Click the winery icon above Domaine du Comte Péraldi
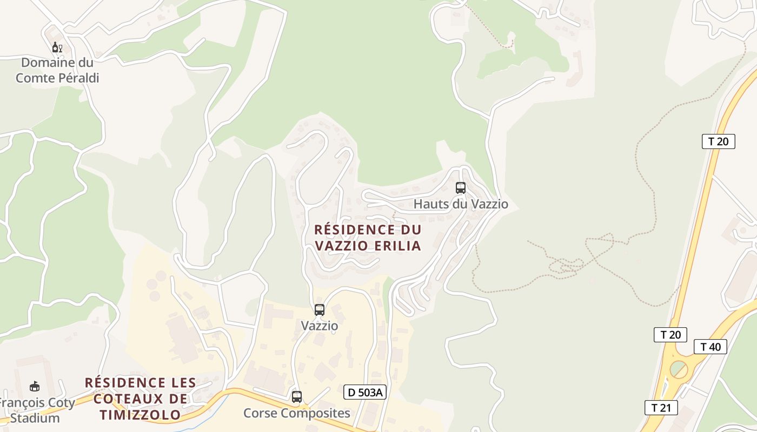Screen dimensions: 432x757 click(57, 48)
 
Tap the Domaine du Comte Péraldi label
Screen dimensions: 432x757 click(57, 70)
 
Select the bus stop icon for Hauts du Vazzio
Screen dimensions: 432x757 click(460, 188)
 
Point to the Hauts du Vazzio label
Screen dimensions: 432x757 click(461, 204)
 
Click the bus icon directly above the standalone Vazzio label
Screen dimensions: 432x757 click(320, 310)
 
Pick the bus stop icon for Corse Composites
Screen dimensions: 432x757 click(296, 397)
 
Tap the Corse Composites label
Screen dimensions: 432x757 click(297, 413)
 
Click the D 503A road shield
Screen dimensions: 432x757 click(365, 392)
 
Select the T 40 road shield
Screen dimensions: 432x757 click(710, 347)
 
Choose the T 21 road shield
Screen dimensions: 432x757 click(661, 407)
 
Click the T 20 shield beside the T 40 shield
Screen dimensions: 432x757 click(670, 335)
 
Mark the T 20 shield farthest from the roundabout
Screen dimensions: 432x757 click(718, 141)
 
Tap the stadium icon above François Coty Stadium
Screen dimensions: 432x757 click(35, 387)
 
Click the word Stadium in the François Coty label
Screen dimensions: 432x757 click(35, 418)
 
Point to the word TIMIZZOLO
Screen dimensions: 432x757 click(140, 415)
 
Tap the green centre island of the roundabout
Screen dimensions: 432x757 click(678, 369)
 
